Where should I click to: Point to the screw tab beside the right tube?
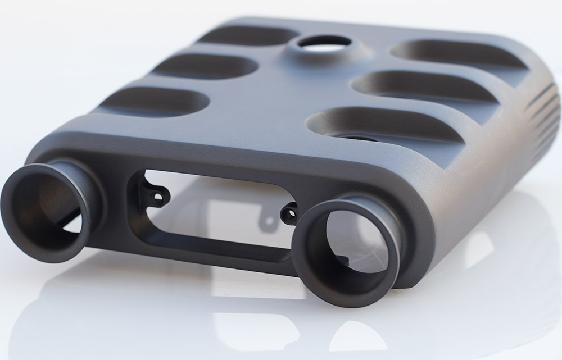click(x=290, y=213)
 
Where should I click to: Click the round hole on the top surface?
click(x=324, y=43)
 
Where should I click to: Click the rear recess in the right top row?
click(x=455, y=53)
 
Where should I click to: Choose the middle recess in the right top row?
click(x=422, y=86)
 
